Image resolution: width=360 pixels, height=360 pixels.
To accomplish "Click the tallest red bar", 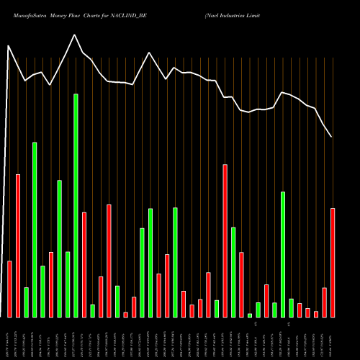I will click(x=225, y=240).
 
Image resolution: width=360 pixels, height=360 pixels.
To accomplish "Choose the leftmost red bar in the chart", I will click(x=9, y=289).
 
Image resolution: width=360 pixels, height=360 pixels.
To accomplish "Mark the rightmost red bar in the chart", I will click(x=333, y=263).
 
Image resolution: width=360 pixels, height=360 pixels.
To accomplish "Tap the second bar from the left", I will click(x=18, y=246).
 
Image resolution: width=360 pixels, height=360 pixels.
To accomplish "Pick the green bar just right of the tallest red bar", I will click(x=233, y=272).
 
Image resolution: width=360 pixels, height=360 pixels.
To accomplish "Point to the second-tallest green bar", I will click(x=35, y=230).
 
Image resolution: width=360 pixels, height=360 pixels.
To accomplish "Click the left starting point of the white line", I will click(x=8, y=46).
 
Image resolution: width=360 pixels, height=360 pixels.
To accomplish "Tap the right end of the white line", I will click(x=331, y=137).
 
